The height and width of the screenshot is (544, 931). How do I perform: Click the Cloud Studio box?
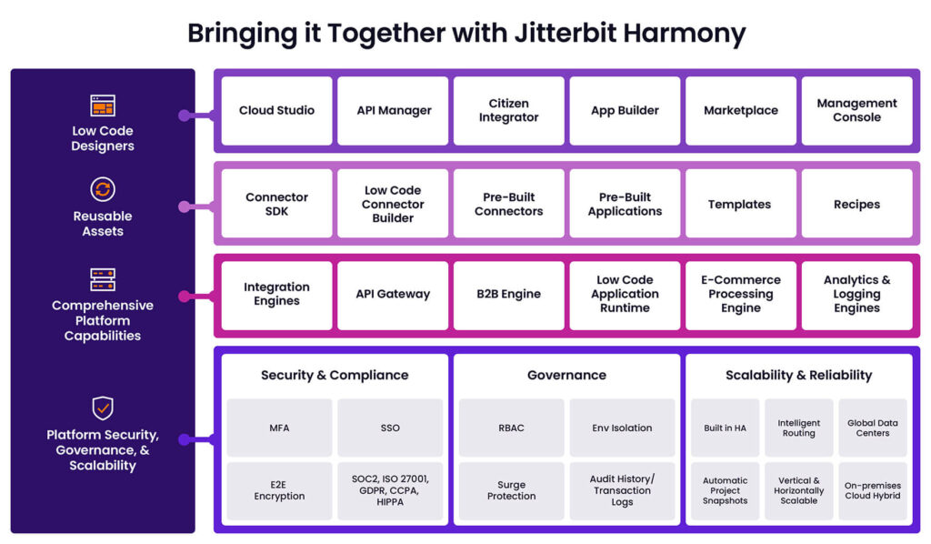(x=276, y=110)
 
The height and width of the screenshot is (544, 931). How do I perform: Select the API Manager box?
(x=393, y=110)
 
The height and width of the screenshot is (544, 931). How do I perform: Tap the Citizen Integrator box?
(x=508, y=110)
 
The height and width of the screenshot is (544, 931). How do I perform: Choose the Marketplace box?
(x=740, y=110)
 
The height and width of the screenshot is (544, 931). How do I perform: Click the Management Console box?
(x=856, y=110)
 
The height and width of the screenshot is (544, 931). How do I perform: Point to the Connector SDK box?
(x=276, y=204)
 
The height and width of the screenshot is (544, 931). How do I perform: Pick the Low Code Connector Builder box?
(x=393, y=204)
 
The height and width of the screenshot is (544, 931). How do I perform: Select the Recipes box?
(x=856, y=204)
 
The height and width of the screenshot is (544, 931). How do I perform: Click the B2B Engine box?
(x=508, y=294)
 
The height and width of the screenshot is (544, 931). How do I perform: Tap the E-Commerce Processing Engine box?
(x=740, y=294)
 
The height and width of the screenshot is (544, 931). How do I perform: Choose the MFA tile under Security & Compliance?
(x=279, y=428)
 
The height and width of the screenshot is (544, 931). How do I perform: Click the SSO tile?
(x=389, y=428)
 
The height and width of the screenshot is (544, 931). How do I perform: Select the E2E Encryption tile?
(x=279, y=489)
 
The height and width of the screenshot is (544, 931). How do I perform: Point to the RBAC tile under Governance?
(x=511, y=428)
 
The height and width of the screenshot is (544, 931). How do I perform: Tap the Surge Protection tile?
(x=511, y=489)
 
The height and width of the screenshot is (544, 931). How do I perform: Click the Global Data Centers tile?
(x=872, y=428)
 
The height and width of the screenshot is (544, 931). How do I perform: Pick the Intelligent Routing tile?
(x=798, y=428)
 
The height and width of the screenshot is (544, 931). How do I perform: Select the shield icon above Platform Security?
(x=103, y=407)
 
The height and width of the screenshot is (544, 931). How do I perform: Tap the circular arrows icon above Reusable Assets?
(x=103, y=189)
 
